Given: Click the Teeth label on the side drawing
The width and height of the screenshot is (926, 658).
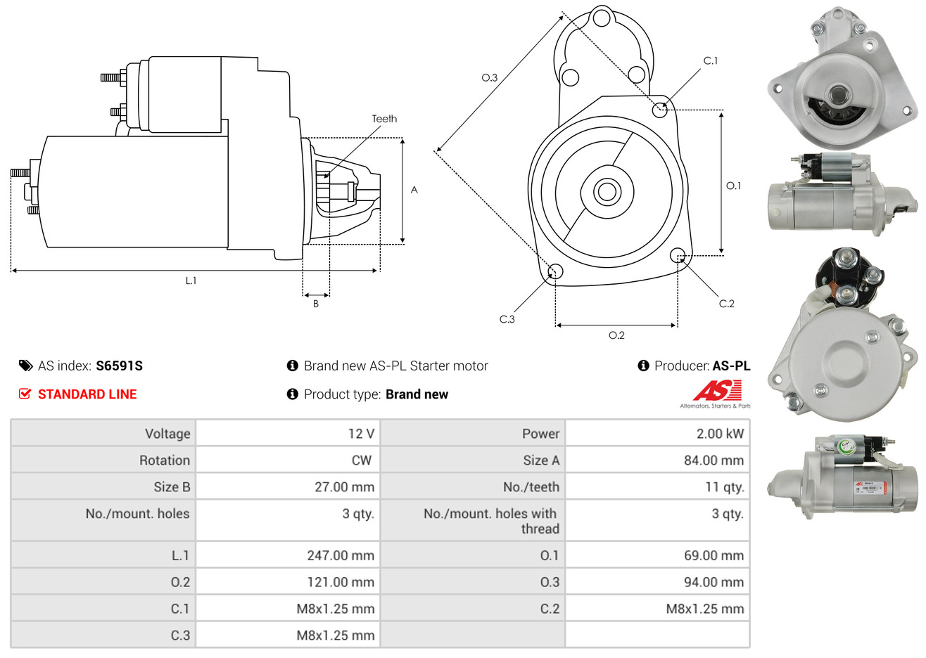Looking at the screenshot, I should tap(384, 119).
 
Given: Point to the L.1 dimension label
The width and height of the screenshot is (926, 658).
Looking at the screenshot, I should tap(191, 280).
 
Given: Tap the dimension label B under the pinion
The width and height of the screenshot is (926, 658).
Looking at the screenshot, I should tap(316, 304).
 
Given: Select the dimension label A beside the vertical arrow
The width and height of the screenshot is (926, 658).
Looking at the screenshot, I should tap(414, 190).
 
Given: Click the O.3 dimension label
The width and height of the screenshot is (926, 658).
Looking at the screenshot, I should tap(489, 77).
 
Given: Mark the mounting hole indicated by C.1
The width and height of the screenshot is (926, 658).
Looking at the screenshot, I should tap(660, 109).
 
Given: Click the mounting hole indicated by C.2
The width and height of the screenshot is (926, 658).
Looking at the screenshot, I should tap(678, 254).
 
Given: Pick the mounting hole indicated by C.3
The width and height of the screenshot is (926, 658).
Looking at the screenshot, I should tap(555, 272).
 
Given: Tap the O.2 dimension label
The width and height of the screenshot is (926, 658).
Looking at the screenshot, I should tap(616, 335).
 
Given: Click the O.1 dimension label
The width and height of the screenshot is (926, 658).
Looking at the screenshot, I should tap(733, 186).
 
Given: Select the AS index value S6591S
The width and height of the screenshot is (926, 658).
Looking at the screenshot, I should tap(119, 366).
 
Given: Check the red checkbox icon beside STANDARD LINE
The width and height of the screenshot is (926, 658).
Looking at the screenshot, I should tap(25, 394).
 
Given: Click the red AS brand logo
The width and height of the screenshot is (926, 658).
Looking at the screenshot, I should tap(717, 391).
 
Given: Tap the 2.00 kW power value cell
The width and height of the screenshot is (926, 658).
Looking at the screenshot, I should tap(719, 434).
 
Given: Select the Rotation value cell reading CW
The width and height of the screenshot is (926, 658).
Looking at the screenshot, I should tap(361, 460).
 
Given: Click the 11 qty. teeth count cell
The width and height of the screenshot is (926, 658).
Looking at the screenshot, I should tap(724, 487).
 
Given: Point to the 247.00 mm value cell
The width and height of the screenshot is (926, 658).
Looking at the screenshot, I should tap(340, 555).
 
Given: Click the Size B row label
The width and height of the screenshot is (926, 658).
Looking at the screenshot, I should tap(172, 487).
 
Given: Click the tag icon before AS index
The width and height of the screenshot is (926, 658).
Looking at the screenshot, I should tap(26, 366).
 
